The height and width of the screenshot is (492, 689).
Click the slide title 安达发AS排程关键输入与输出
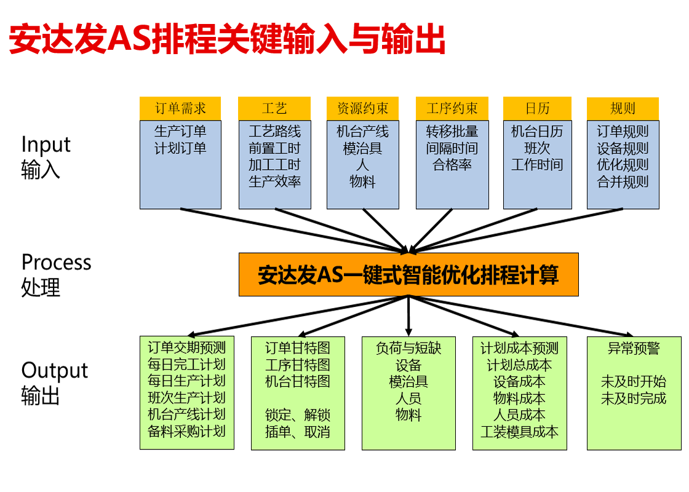227,39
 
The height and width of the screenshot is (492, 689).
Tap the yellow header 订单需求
180,109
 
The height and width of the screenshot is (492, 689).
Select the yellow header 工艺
274,109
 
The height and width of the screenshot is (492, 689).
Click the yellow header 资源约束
362,109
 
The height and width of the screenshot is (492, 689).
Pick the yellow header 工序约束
452,109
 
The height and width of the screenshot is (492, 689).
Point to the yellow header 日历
537,109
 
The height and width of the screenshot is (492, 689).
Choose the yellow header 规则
623,109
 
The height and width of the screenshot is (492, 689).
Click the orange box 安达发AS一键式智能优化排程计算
408,274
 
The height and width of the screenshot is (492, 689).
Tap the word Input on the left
46,145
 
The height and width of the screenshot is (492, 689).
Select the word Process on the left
56,263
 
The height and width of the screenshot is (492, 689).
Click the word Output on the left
55,371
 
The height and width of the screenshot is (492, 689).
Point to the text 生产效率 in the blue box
274,182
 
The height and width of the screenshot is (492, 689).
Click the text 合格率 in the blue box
452,165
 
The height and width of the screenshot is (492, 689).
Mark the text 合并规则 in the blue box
623,182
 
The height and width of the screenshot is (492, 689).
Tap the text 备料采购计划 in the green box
186,432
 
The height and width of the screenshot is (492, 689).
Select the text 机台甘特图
298,382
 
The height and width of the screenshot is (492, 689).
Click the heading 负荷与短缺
408,349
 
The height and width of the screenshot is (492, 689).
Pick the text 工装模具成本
519,432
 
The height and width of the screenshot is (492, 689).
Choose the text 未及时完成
634,399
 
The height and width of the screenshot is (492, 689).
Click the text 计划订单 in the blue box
180,148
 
